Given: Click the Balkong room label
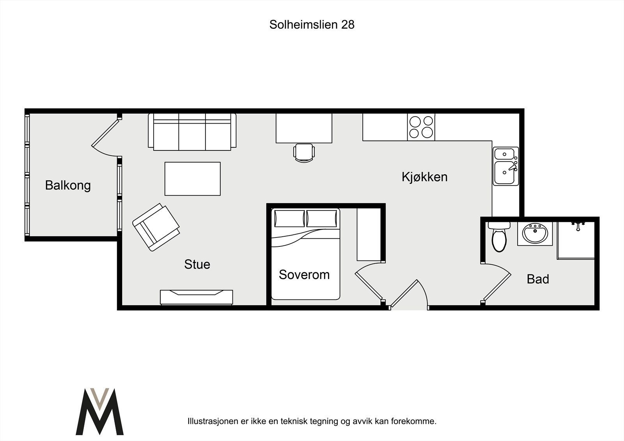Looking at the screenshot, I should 68,185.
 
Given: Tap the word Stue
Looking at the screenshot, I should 197,264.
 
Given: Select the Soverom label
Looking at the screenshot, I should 304,275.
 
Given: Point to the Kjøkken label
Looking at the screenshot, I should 424,177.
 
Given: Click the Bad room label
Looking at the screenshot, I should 538,279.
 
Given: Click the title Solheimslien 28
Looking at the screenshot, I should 312,25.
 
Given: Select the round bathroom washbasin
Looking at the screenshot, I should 535,234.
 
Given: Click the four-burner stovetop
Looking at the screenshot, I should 421,127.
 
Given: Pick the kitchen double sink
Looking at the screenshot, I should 505,166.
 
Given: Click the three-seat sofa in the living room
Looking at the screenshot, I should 192,132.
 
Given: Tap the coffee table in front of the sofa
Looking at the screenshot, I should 192,179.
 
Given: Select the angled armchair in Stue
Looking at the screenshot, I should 156,227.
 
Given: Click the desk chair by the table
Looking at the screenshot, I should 304,152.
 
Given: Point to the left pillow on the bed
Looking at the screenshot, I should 289,218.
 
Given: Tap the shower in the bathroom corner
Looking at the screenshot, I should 576,240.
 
